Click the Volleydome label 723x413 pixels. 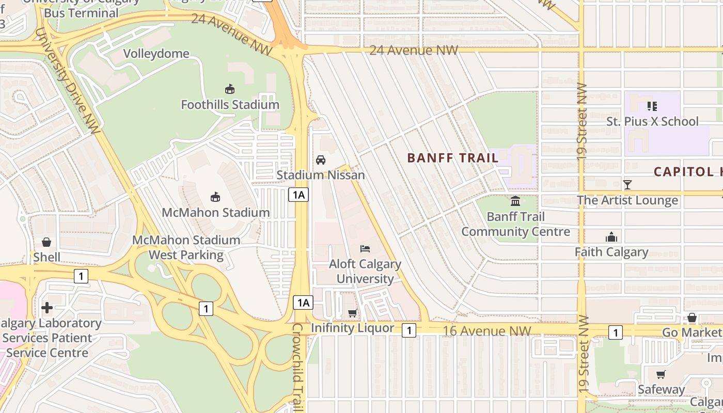[156, 54]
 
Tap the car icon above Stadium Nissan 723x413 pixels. [321, 160]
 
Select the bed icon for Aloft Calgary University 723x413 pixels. [365, 248]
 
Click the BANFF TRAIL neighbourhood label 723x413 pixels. [453, 158]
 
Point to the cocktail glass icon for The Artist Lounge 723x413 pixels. [627, 184]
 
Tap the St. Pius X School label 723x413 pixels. [652, 121]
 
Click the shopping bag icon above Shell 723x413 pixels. [46, 242]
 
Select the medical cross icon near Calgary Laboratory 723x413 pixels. [47, 308]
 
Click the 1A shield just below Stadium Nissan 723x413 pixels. [298, 195]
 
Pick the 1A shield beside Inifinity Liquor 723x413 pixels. [303, 303]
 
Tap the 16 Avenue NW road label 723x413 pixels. [486, 330]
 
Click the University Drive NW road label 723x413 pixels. [68, 81]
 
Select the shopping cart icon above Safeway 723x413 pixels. [661, 374]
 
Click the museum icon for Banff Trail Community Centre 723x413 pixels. [515, 201]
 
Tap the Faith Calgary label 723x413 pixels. [611, 252]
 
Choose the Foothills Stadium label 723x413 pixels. [230, 105]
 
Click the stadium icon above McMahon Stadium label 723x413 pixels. [215, 197]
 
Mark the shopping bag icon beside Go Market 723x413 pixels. [691, 317]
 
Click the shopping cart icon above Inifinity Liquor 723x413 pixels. [352, 313]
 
